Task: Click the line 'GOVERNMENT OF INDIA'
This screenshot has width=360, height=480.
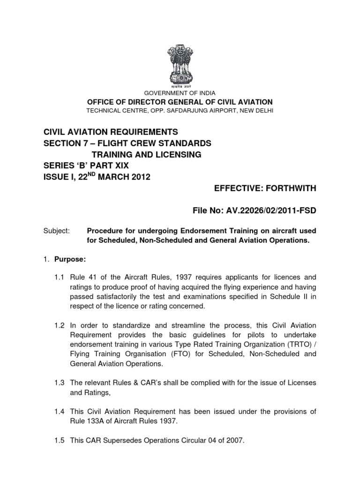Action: point(180,93)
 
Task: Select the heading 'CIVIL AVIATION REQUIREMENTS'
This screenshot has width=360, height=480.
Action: point(111,132)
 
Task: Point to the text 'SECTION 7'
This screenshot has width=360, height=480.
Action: point(67,143)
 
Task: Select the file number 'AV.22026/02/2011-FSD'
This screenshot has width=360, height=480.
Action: point(274,211)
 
